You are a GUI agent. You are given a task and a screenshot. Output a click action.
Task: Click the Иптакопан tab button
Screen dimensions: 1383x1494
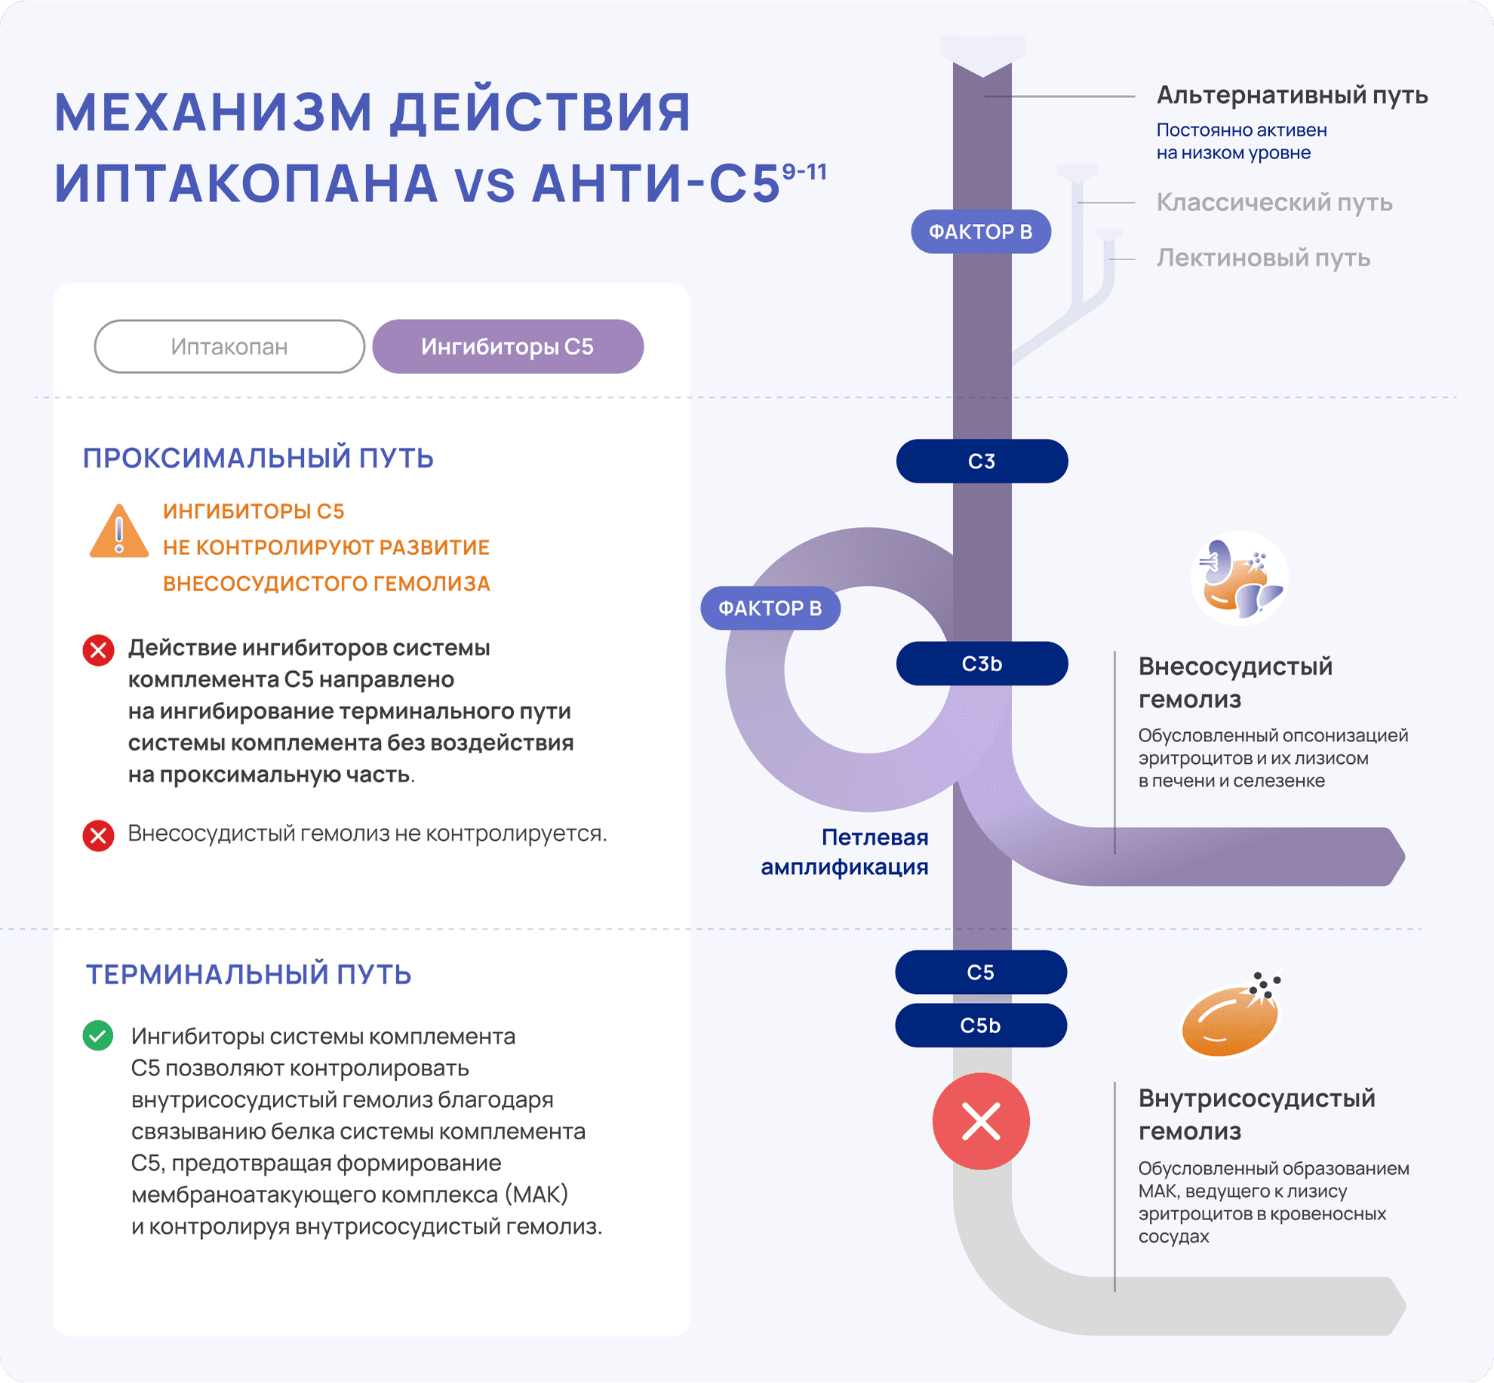229,347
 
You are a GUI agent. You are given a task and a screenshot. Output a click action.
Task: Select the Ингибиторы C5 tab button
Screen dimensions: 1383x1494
508,347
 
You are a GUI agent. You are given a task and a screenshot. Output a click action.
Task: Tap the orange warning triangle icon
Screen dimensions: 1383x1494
118,532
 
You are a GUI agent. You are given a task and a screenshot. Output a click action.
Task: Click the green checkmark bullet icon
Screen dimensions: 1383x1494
98,1035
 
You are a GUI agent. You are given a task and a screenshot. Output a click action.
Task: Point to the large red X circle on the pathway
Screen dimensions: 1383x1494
981,1121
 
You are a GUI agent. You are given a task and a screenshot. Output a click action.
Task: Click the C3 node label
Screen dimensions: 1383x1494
982,462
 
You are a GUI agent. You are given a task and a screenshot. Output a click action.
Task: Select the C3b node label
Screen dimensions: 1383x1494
982,664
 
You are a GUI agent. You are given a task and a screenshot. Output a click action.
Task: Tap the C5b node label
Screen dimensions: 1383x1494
981,1026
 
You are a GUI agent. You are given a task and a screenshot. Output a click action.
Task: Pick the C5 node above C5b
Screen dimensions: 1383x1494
981,973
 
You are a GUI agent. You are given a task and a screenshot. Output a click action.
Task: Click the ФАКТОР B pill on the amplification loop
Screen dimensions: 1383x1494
770,609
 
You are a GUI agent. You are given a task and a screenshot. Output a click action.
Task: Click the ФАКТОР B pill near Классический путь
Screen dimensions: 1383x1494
981,232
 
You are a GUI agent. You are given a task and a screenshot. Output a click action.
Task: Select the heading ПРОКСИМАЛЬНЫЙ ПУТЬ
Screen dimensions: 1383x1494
258,458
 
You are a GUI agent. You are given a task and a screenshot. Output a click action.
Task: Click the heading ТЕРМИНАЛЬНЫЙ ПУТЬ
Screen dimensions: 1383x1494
248,975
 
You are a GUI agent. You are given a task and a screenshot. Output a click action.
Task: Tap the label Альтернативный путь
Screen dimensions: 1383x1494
1292,96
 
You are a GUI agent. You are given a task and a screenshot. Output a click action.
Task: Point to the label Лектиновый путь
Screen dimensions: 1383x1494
1263,258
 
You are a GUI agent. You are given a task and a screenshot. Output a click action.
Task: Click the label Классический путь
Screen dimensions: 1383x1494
1274,202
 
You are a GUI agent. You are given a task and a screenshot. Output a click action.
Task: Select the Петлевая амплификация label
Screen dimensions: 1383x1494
845,852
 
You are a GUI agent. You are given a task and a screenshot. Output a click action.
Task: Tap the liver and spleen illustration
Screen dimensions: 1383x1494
1239,579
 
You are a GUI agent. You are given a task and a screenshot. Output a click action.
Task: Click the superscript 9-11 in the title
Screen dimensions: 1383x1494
804,172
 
